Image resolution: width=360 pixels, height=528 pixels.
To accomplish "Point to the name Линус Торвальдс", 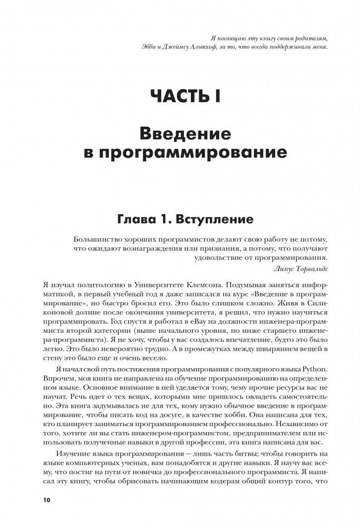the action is [x=302, y=268].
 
